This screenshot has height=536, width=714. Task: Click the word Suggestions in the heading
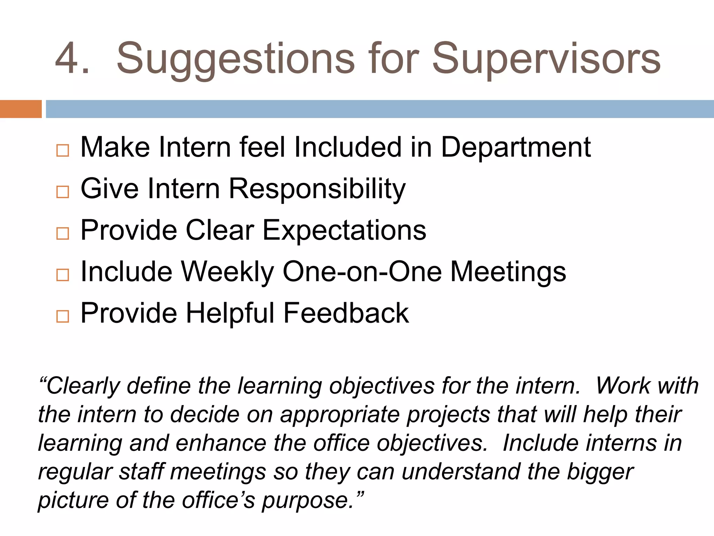236,59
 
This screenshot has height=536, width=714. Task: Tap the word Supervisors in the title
546,59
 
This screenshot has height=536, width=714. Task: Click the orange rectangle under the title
21,109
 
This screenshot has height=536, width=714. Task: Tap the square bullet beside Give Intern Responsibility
62,192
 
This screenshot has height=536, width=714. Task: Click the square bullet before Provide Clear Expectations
62,233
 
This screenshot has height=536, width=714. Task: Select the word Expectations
344,231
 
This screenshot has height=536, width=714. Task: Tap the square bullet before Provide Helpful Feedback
62,317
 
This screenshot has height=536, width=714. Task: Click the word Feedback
346,313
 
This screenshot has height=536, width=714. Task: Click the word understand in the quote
461,472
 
